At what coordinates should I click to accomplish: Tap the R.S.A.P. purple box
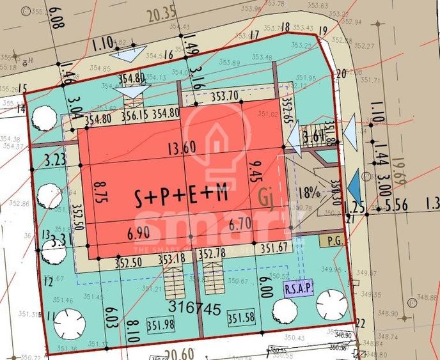click(x=298, y=288)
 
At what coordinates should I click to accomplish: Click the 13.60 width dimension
click(x=181, y=148)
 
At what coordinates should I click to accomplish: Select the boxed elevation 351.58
click(x=242, y=318)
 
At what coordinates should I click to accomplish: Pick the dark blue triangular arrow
click(x=354, y=187)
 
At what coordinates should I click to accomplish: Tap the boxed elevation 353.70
click(x=225, y=96)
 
